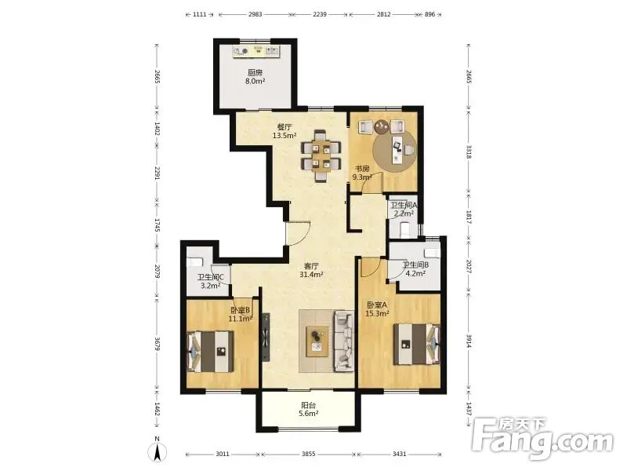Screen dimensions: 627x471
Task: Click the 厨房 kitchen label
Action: coord(256,72)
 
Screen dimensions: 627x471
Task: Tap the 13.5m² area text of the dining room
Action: coord(285,135)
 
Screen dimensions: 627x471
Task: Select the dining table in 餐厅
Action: coord(321,155)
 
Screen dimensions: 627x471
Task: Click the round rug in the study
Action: coord(394,151)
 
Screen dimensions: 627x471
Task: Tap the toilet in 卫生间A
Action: coord(405,229)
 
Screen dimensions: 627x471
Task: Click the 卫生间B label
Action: coord(415,265)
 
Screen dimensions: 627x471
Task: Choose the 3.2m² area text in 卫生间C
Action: coord(211,286)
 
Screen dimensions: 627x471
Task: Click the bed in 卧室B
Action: coord(210,351)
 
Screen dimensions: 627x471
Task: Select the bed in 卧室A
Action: coord(417,344)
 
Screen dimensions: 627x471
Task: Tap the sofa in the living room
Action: coord(344,340)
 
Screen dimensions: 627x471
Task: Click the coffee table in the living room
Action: coord(317,341)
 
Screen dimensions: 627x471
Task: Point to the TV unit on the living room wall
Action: coord(266,338)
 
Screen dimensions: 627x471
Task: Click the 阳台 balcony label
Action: coord(308,406)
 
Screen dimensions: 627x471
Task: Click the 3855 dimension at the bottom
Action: coord(308,454)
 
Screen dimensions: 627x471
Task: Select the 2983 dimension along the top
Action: coord(256,14)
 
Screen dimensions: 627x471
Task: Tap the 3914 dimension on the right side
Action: coord(469,340)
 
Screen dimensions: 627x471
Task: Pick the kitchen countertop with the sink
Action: coord(256,51)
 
